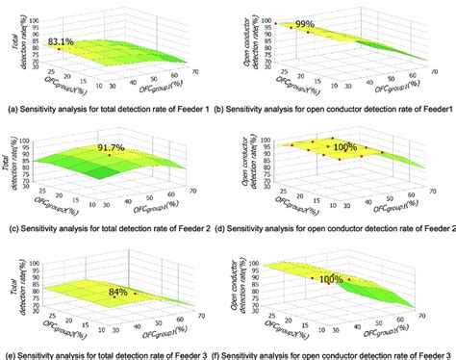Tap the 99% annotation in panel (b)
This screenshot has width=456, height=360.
tap(306, 23)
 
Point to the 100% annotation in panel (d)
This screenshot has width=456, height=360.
tap(342, 147)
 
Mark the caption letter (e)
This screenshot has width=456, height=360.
tap(9, 355)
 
